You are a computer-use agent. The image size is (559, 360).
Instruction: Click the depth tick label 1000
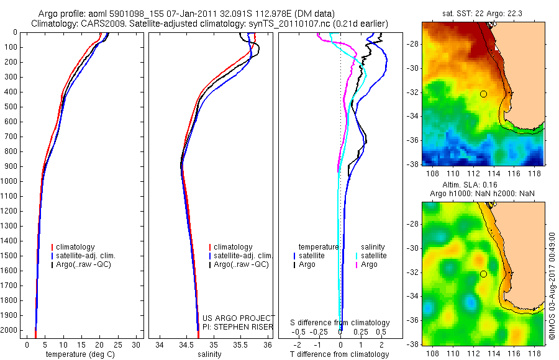point(10,181)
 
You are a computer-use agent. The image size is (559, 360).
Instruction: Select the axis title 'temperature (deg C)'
point(80,354)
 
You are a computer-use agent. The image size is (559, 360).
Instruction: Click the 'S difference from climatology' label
point(340,323)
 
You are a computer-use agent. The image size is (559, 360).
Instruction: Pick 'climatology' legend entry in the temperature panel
point(76,247)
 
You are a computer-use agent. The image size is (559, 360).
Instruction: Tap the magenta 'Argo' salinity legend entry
point(369,264)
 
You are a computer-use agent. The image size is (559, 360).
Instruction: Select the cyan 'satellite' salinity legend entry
point(374,256)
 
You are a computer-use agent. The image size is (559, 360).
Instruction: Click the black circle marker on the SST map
point(483,94)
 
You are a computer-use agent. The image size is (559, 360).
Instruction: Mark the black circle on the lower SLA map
point(483,274)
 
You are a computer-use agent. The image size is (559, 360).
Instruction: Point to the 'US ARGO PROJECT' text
point(239,318)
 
